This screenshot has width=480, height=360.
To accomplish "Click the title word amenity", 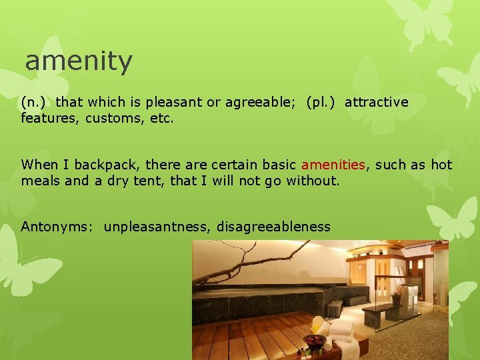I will coord(79,62).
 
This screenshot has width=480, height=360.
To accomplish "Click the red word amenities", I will coord(333,165).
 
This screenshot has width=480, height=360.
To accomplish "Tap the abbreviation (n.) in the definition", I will coord(34,102).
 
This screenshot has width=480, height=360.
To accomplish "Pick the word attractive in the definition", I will coord(376,102).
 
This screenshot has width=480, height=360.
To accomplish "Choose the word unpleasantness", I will coord(157,227).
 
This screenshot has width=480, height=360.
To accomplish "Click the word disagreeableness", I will coord(273,227).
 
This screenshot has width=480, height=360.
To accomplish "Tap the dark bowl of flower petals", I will coord(314,341).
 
